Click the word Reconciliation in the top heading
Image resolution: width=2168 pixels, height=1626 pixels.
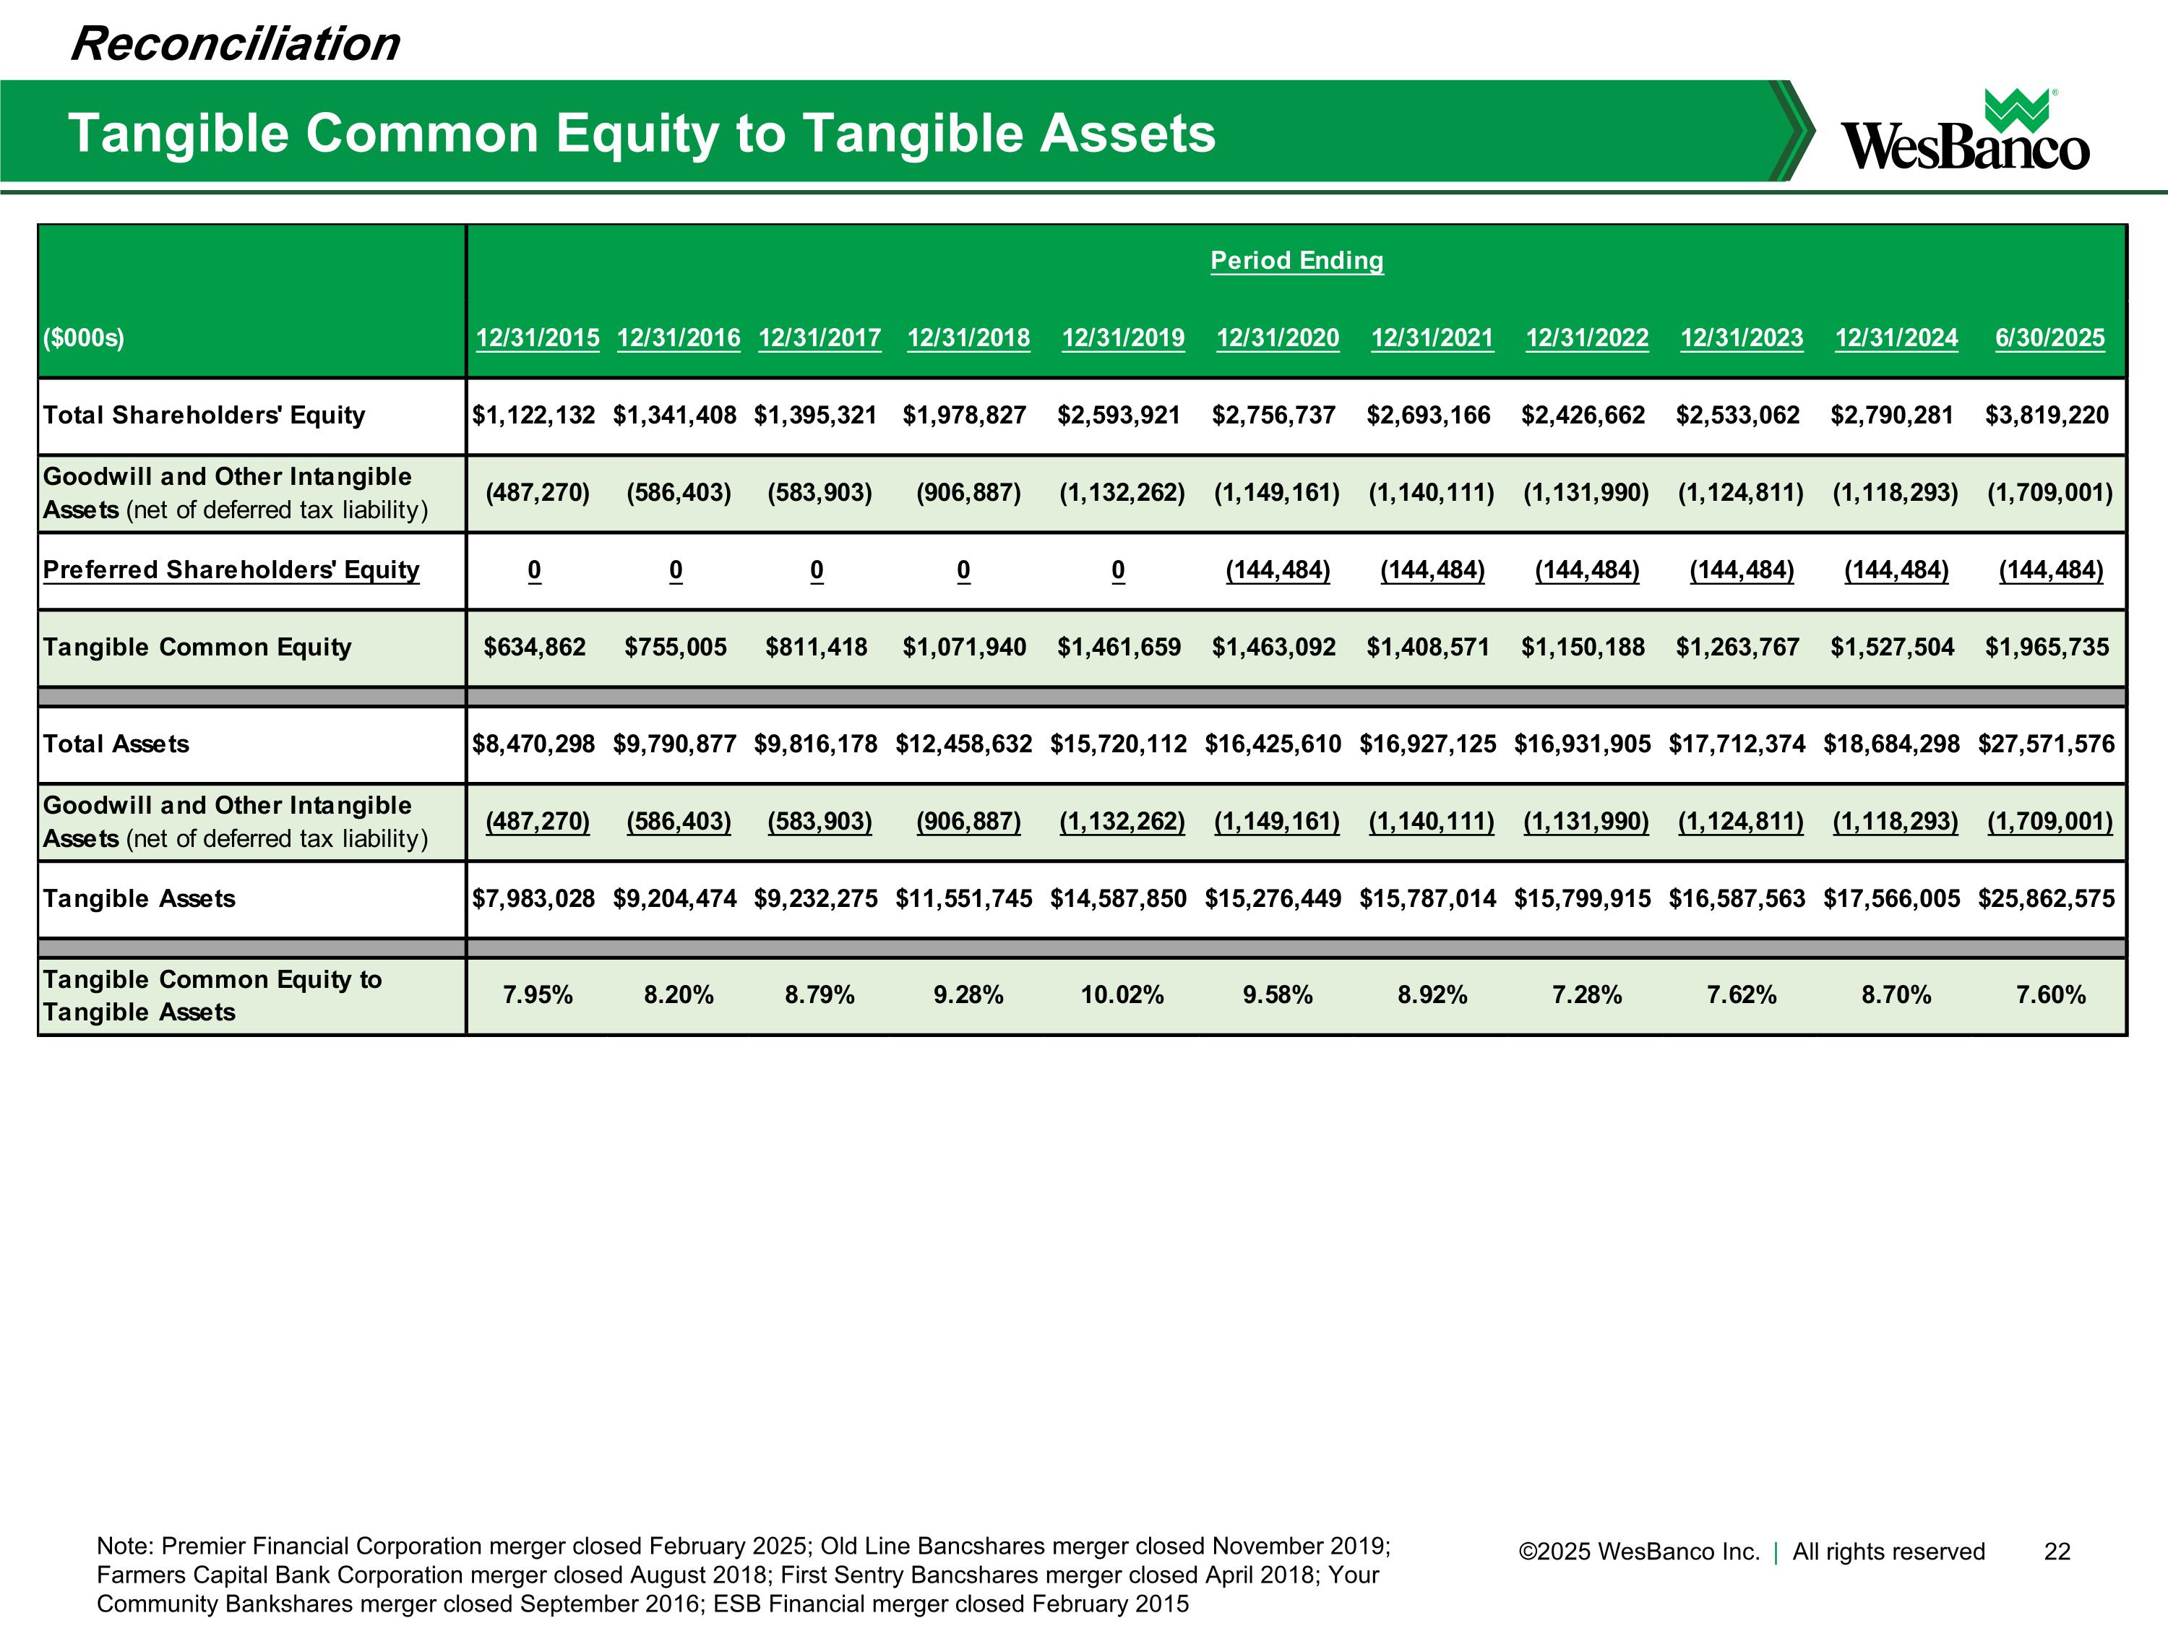pyautogui.click(x=235, y=44)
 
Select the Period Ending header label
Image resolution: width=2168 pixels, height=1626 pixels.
pyautogui.click(x=1296, y=261)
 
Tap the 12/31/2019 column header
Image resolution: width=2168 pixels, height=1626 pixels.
pyautogui.click(x=1123, y=338)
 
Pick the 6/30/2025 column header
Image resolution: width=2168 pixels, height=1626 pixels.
pyautogui.click(x=2049, y=338)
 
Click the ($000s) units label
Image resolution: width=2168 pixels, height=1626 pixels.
pyautogui.click(x=83, y=338)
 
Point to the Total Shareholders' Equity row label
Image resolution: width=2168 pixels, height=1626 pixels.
pyautogui.click(x=204, y=415)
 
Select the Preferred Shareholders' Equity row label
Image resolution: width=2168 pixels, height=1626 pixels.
pyautogui.click(x=231, y=569)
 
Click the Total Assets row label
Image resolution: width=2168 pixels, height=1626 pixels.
pyautogui.click(x=116, y=744)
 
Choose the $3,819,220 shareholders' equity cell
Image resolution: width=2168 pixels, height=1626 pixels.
pyautogui.click(x=2047, y=416)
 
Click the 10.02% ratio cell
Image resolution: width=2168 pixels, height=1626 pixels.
pyautogui.click(x=1122, y=996)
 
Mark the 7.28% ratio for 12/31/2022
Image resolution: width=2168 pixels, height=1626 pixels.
pyautogui.click(x=1587, y=996)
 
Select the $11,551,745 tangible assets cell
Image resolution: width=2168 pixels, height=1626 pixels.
pyautogui.click(x=963, y=899)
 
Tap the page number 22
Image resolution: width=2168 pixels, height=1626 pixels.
pyautogui.click(x=2057, y=1552)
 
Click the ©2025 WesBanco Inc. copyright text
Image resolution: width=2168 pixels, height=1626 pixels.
pyautogui.click(x=1639, y=1552)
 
